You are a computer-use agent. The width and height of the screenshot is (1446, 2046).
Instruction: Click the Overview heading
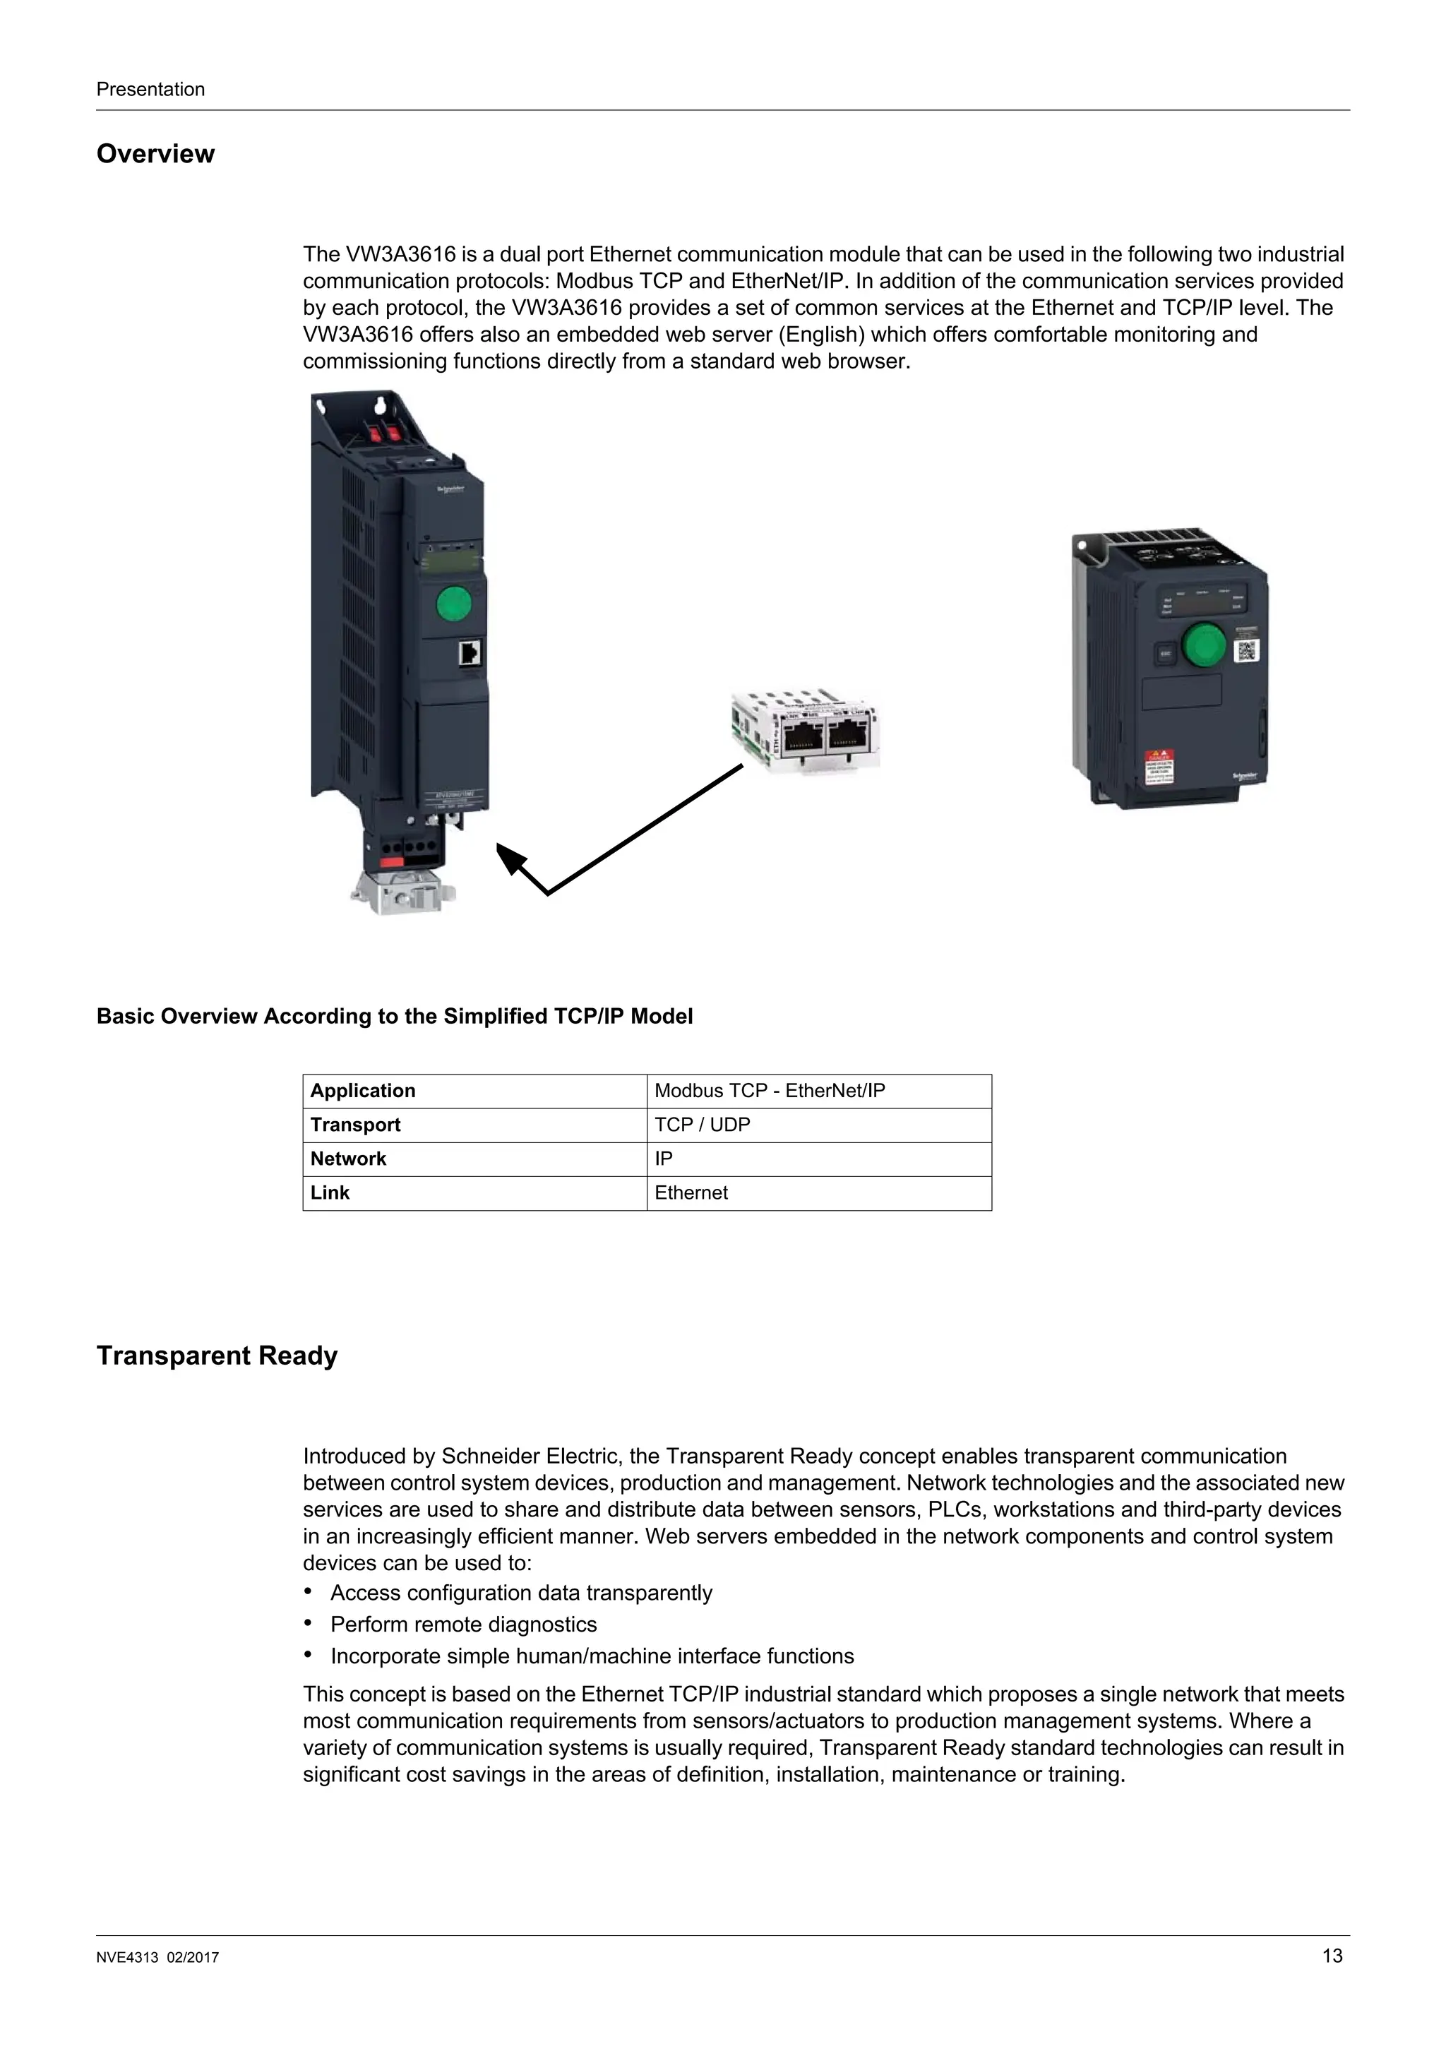tap(155, 154)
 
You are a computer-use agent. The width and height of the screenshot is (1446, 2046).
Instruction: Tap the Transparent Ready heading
tap(217, 1356)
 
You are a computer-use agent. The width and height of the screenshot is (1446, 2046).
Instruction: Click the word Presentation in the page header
tap(150, 89)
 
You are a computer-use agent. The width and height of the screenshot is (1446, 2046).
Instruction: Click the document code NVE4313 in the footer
tap(126, 1958)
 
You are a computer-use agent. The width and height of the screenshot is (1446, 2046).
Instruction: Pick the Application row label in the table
tap(363, 1091)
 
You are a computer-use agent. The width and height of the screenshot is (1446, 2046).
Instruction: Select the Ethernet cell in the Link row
tap(691, 1192)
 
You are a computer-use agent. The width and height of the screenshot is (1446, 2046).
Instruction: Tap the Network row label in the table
tap(348, 1159)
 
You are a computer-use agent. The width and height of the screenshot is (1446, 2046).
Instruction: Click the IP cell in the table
tap(664, 1159)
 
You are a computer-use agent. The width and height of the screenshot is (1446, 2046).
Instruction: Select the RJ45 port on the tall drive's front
tap(469, 653)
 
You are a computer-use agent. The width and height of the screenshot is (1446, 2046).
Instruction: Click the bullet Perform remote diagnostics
tap(463, 1624)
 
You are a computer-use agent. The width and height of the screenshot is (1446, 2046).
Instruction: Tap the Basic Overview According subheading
tap(394, 1016)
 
